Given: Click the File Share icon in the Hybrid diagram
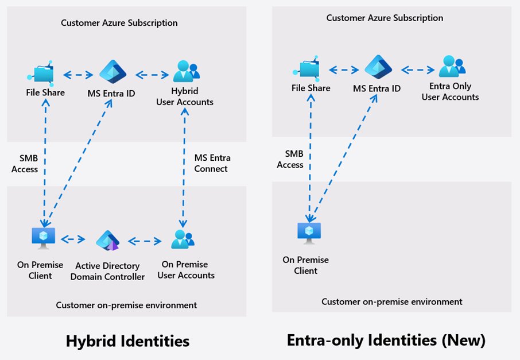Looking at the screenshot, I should tap(41, 73).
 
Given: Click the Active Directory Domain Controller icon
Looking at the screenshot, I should tap(107, 241).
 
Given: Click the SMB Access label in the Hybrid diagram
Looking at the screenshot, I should tap(25, 164).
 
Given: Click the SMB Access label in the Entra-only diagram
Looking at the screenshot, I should tap(290, 159).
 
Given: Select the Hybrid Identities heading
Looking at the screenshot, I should tap(127, 341).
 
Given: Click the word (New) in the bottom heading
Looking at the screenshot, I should tap(465, 340).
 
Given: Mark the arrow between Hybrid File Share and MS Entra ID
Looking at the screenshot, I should tap(78, 75).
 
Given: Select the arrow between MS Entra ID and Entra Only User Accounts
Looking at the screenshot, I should tap(417, 70).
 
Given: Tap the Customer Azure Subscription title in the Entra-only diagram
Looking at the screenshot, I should tap(385, 18).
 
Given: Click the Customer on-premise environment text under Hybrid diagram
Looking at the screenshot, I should tap(126, 305).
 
